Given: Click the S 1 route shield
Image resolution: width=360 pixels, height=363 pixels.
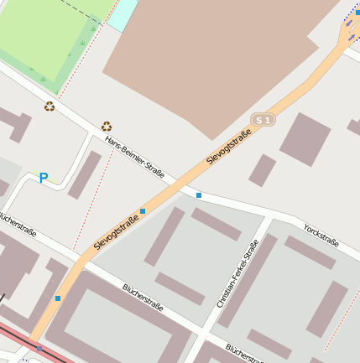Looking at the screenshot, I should coord(263,121).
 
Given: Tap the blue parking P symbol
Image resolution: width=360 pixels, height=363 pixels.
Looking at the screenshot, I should coord(44,178).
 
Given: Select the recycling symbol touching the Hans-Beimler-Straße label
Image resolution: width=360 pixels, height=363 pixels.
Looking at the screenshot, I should coord(107,127).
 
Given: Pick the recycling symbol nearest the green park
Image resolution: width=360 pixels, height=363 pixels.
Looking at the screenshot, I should coord(50,106).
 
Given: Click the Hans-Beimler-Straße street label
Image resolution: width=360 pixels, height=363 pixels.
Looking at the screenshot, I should coord(134,158).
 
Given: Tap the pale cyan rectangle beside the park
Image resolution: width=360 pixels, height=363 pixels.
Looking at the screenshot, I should coord(123,14).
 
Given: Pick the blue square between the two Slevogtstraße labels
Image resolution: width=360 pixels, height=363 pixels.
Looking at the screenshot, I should coord(143,210).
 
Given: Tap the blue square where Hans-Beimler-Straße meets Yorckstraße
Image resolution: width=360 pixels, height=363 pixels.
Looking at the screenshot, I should coord(199,195).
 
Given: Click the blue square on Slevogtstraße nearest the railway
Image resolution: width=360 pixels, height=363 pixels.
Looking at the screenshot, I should coord(58,298).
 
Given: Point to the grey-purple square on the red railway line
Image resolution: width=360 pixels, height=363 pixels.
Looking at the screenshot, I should coord(39,349).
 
